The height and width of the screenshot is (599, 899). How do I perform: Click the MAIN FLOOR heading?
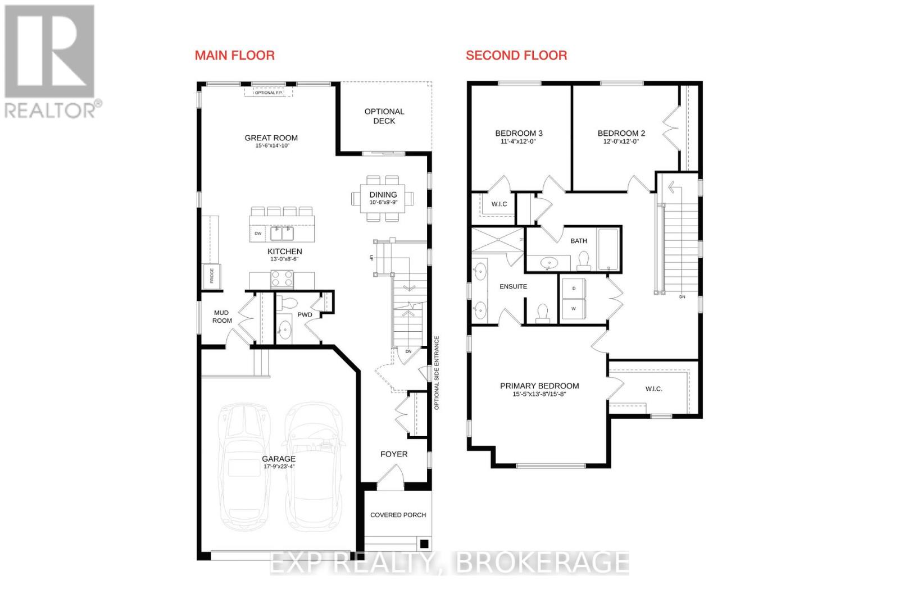point(234,55)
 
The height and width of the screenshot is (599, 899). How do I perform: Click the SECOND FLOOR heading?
point(516,55)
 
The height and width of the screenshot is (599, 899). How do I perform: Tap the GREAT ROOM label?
point(271,138)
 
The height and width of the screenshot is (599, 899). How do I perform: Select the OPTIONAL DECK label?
point(384,116)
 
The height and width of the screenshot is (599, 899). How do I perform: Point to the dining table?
point(383,198)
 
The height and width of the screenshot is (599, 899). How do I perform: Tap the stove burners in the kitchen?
point(282,278)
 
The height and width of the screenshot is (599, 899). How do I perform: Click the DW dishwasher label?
point(258,234)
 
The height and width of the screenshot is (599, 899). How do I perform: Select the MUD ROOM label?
point(222,317)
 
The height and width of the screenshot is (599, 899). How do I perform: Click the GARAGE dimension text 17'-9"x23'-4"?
point(279,467)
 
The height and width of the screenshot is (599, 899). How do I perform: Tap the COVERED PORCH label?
point(398,515)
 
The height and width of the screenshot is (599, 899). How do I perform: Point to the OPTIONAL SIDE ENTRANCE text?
point(437,373)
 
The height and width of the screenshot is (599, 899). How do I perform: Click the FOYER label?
point(394,454)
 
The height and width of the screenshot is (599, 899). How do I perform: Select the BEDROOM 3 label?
point(519,133)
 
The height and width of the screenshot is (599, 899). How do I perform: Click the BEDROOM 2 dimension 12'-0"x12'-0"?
point(621,141)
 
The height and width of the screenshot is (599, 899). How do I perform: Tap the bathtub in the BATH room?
point(608,250)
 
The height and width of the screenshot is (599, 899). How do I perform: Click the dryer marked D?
point(574,289)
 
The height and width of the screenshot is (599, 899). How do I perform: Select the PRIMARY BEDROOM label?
point(539,386)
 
